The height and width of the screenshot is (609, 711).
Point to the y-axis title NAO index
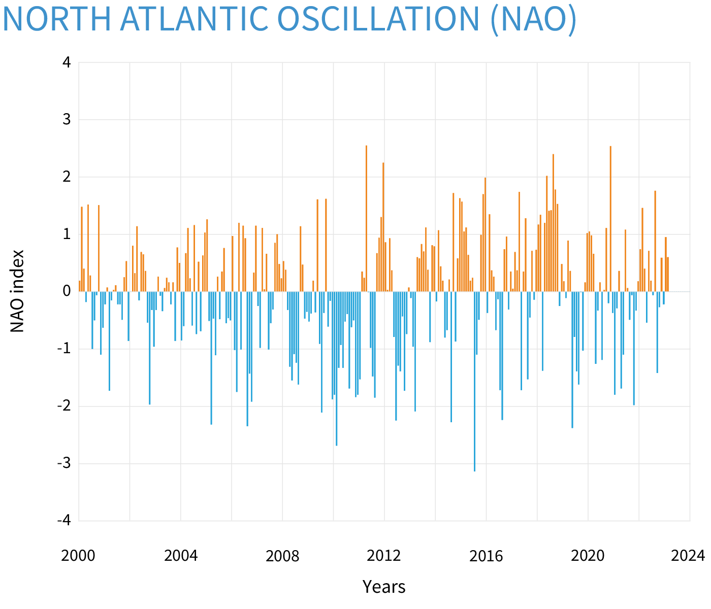point(18,291)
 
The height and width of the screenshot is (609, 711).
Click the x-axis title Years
point(384,587)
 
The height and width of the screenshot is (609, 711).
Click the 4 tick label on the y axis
point(67,62)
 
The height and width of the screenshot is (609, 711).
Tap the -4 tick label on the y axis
point(64,521)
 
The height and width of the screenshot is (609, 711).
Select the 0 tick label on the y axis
point(67,291)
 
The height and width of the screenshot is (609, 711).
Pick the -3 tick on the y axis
point(64,463)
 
